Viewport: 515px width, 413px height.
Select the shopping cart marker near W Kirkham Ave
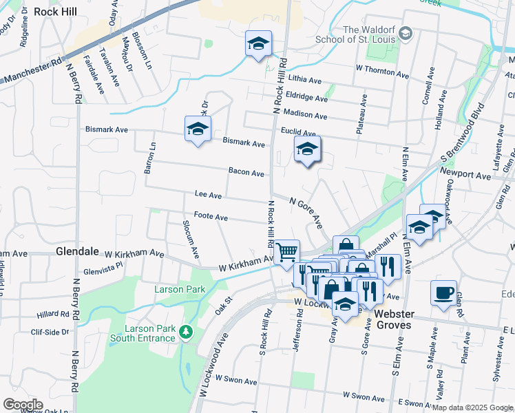point(286,252)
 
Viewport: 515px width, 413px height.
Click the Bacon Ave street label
point(246,173)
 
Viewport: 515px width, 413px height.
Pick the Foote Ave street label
point(211,217)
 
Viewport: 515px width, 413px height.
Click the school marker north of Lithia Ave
point(258,45)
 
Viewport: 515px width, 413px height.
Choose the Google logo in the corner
point(22,404)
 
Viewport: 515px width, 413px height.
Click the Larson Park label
point(179,290)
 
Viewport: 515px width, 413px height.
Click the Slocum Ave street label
point(190,239)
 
